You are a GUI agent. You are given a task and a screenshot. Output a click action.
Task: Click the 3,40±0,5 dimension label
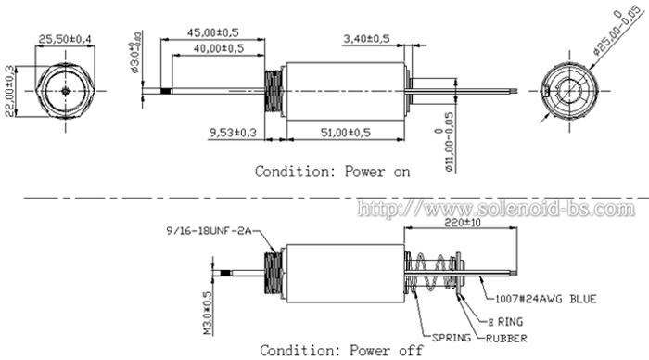pos(366,39)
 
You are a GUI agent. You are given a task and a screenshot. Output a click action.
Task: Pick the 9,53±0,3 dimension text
pos(233,134)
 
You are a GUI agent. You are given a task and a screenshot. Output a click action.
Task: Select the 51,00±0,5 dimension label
pos(339,134)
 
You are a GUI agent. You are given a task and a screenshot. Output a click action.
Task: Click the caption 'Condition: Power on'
pos(332,172)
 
